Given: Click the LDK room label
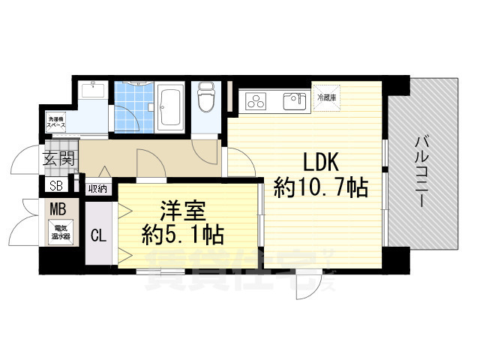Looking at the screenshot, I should [x=321, y=162].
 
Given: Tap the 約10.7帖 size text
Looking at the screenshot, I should [x=321, y=187].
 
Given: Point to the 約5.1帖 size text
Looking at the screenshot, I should [x=182, y=235].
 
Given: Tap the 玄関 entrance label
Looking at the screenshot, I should [x=58, y=159].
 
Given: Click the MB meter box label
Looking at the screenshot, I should [x=57, y=209].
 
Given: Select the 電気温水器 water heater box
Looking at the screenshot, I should [x=60, y=230].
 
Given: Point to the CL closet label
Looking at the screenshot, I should [x=98, y=235].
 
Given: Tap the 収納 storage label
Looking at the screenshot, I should [x=97, y=188].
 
